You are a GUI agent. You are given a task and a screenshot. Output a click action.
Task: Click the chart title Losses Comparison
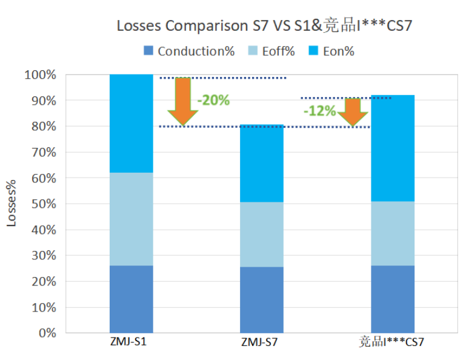[267, 26]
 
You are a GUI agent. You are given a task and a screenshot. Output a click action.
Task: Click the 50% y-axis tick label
[42, 204]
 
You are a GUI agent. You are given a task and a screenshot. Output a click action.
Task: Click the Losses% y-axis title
[11, 204]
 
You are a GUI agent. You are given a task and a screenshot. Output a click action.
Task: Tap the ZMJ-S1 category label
[131, 342]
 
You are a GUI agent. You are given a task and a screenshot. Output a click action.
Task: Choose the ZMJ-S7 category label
[262, 342]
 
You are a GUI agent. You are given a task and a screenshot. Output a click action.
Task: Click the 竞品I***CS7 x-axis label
[392, 342]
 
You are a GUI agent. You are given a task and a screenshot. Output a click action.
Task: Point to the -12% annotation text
[319, 111]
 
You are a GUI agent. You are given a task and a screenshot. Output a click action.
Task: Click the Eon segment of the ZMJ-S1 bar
[131, 124]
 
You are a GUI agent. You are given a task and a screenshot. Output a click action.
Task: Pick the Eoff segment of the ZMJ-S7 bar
[262, 234]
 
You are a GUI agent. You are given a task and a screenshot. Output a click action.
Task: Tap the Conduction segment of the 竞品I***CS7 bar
[392, 299]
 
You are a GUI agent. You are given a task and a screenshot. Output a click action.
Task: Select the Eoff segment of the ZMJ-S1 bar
[131, 219]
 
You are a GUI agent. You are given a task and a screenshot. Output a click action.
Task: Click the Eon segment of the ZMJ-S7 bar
[262, 163]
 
